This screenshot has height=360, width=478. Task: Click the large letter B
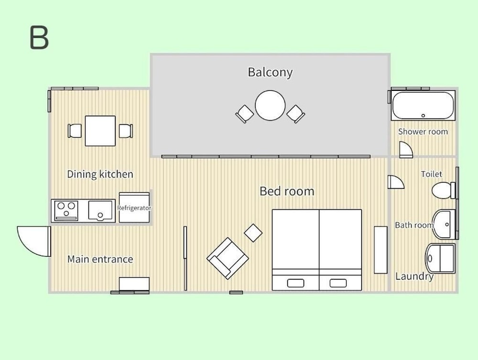click(39, 37)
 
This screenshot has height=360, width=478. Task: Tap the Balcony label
click(270, 73)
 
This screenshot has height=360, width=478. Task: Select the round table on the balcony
click(270, 106)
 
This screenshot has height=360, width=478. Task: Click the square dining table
click(100, 131)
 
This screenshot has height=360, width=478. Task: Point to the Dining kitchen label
click(100, 174)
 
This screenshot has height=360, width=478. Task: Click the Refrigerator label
click(134, 208)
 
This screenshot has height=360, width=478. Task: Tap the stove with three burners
click(66, 211)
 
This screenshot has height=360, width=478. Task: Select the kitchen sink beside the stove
click(100, 210)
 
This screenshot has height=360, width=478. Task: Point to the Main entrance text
click(100, 259)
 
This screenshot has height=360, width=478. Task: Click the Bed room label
click(287, 191)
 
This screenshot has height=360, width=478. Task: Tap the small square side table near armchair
click(253, 233)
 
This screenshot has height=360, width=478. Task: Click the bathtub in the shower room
click(423, 106)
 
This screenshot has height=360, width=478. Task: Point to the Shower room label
click(423, 131)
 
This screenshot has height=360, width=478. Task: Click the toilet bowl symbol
click(442, 190)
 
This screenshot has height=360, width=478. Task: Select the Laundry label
click(414, 276)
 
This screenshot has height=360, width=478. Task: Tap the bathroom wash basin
click(444, 224)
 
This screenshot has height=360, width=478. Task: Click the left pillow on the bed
click(295, 283)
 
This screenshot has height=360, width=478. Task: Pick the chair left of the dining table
click(75, 131)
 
